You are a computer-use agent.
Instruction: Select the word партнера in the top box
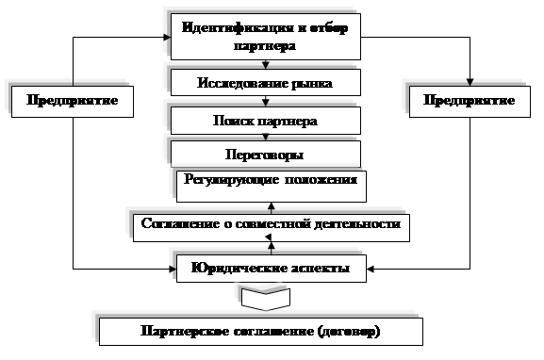pos(265,46)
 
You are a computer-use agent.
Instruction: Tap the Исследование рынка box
pos(266,83)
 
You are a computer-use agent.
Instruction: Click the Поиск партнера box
pos(266,121)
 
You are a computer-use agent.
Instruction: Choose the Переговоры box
pos(266,154)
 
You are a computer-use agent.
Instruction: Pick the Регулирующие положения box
pos(272,187)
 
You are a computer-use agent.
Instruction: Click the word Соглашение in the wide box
pos(180,223)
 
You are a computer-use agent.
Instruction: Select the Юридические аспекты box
pos(272,269)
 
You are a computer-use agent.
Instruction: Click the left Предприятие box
pos(73,101)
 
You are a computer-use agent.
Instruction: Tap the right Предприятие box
pos(470,101)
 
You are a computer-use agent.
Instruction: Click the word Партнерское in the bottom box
pos(185,331)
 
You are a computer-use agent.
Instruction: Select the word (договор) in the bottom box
pos(349,332)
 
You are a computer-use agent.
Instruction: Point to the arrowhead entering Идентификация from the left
pos(167,37)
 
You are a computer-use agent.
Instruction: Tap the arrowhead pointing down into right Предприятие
pos(470,82)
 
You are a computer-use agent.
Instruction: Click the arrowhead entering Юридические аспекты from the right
pos(371,269)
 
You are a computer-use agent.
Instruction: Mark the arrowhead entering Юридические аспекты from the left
pos(173,269)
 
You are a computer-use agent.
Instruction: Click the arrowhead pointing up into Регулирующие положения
pos(272,206)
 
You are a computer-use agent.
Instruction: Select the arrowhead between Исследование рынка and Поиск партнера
pos(266,103)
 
